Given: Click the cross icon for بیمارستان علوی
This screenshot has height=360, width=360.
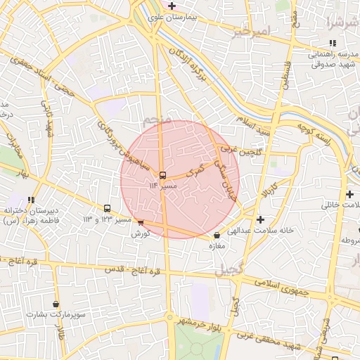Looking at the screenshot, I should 172,6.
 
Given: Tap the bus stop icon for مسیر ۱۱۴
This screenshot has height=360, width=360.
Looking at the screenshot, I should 163,174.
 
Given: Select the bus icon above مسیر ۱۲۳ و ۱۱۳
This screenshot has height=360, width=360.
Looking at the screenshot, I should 107,208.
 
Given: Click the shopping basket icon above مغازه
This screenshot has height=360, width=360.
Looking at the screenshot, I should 216,236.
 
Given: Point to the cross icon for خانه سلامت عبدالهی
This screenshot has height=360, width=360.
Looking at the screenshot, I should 261,219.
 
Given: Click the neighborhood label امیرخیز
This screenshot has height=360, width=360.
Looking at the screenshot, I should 252,32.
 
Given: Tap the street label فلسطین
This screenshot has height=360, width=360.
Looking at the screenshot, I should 287,75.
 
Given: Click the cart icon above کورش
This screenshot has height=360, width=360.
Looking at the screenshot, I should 141,223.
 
